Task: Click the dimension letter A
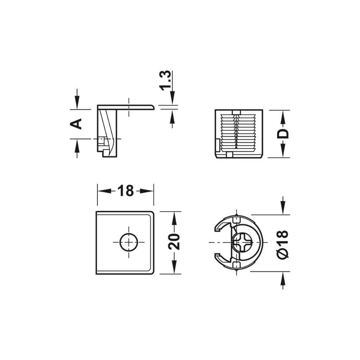point(76,124)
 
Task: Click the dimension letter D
point(283,134)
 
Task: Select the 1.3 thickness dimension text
point(166,80)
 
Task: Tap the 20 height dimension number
point(174,242)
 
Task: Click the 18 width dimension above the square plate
point(125,191)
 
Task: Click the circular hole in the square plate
point(129,242)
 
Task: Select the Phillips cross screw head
point(242,242)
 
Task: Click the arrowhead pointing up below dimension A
point(77,146)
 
